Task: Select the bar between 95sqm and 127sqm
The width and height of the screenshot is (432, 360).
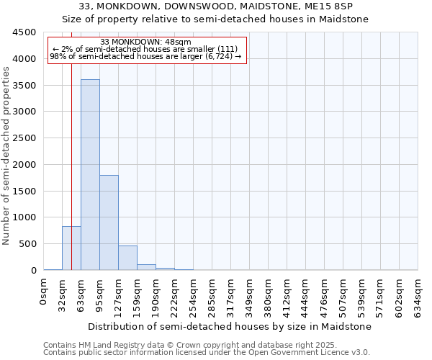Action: tap(109, 222)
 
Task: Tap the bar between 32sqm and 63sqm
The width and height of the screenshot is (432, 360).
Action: tap(71, 248)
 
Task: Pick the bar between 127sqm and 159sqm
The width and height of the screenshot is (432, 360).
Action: tap(127, 258)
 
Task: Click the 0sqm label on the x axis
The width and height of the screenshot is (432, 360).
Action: tap(44, 290)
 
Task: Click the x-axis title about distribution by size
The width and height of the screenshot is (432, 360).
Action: tap(230, 326)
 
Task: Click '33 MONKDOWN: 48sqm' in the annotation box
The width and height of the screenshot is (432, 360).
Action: tap(146, 42)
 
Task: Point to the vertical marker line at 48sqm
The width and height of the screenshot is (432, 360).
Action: tap(72, 144)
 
